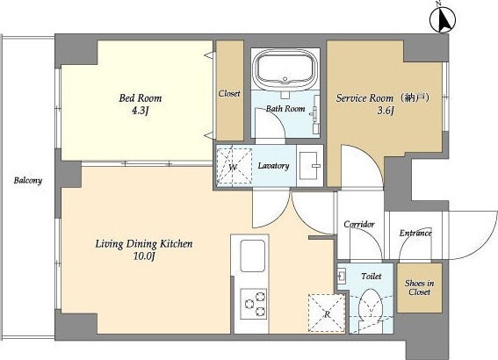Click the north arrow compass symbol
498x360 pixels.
click(444, 18)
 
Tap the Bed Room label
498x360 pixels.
click(141, 97)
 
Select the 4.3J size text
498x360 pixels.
click(141, 112)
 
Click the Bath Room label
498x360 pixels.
click(285, 110)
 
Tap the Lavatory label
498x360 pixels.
click(273, 165)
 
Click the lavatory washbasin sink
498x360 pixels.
click(309, 164)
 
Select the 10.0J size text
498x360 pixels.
click(143, 256)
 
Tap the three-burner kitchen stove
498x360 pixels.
click(253, 303)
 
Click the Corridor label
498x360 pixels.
click(359, 224)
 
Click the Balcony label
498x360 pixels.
click(27, 181)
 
